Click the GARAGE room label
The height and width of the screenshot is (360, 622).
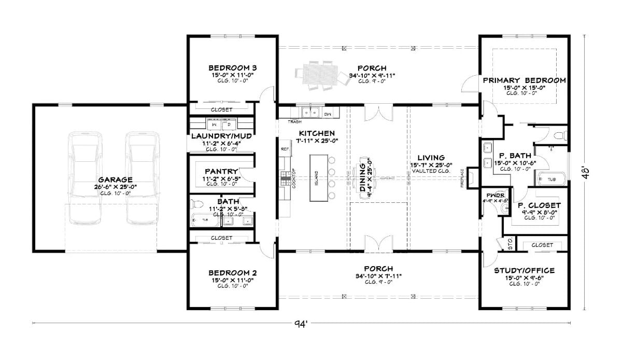[112, 179]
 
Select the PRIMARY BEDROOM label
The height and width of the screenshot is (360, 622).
[524, 80]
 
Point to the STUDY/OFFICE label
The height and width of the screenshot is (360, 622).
[524, 270]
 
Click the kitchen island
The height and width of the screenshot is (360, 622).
[318, 178]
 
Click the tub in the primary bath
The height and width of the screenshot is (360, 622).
[551, 179]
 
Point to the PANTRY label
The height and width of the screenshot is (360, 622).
[221, 171]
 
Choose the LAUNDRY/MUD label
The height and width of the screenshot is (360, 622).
[221, 136]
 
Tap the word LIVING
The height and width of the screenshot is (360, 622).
[431, 158]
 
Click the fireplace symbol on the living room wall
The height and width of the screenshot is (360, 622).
[472, 177]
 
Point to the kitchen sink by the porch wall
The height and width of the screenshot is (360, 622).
[311, 112]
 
